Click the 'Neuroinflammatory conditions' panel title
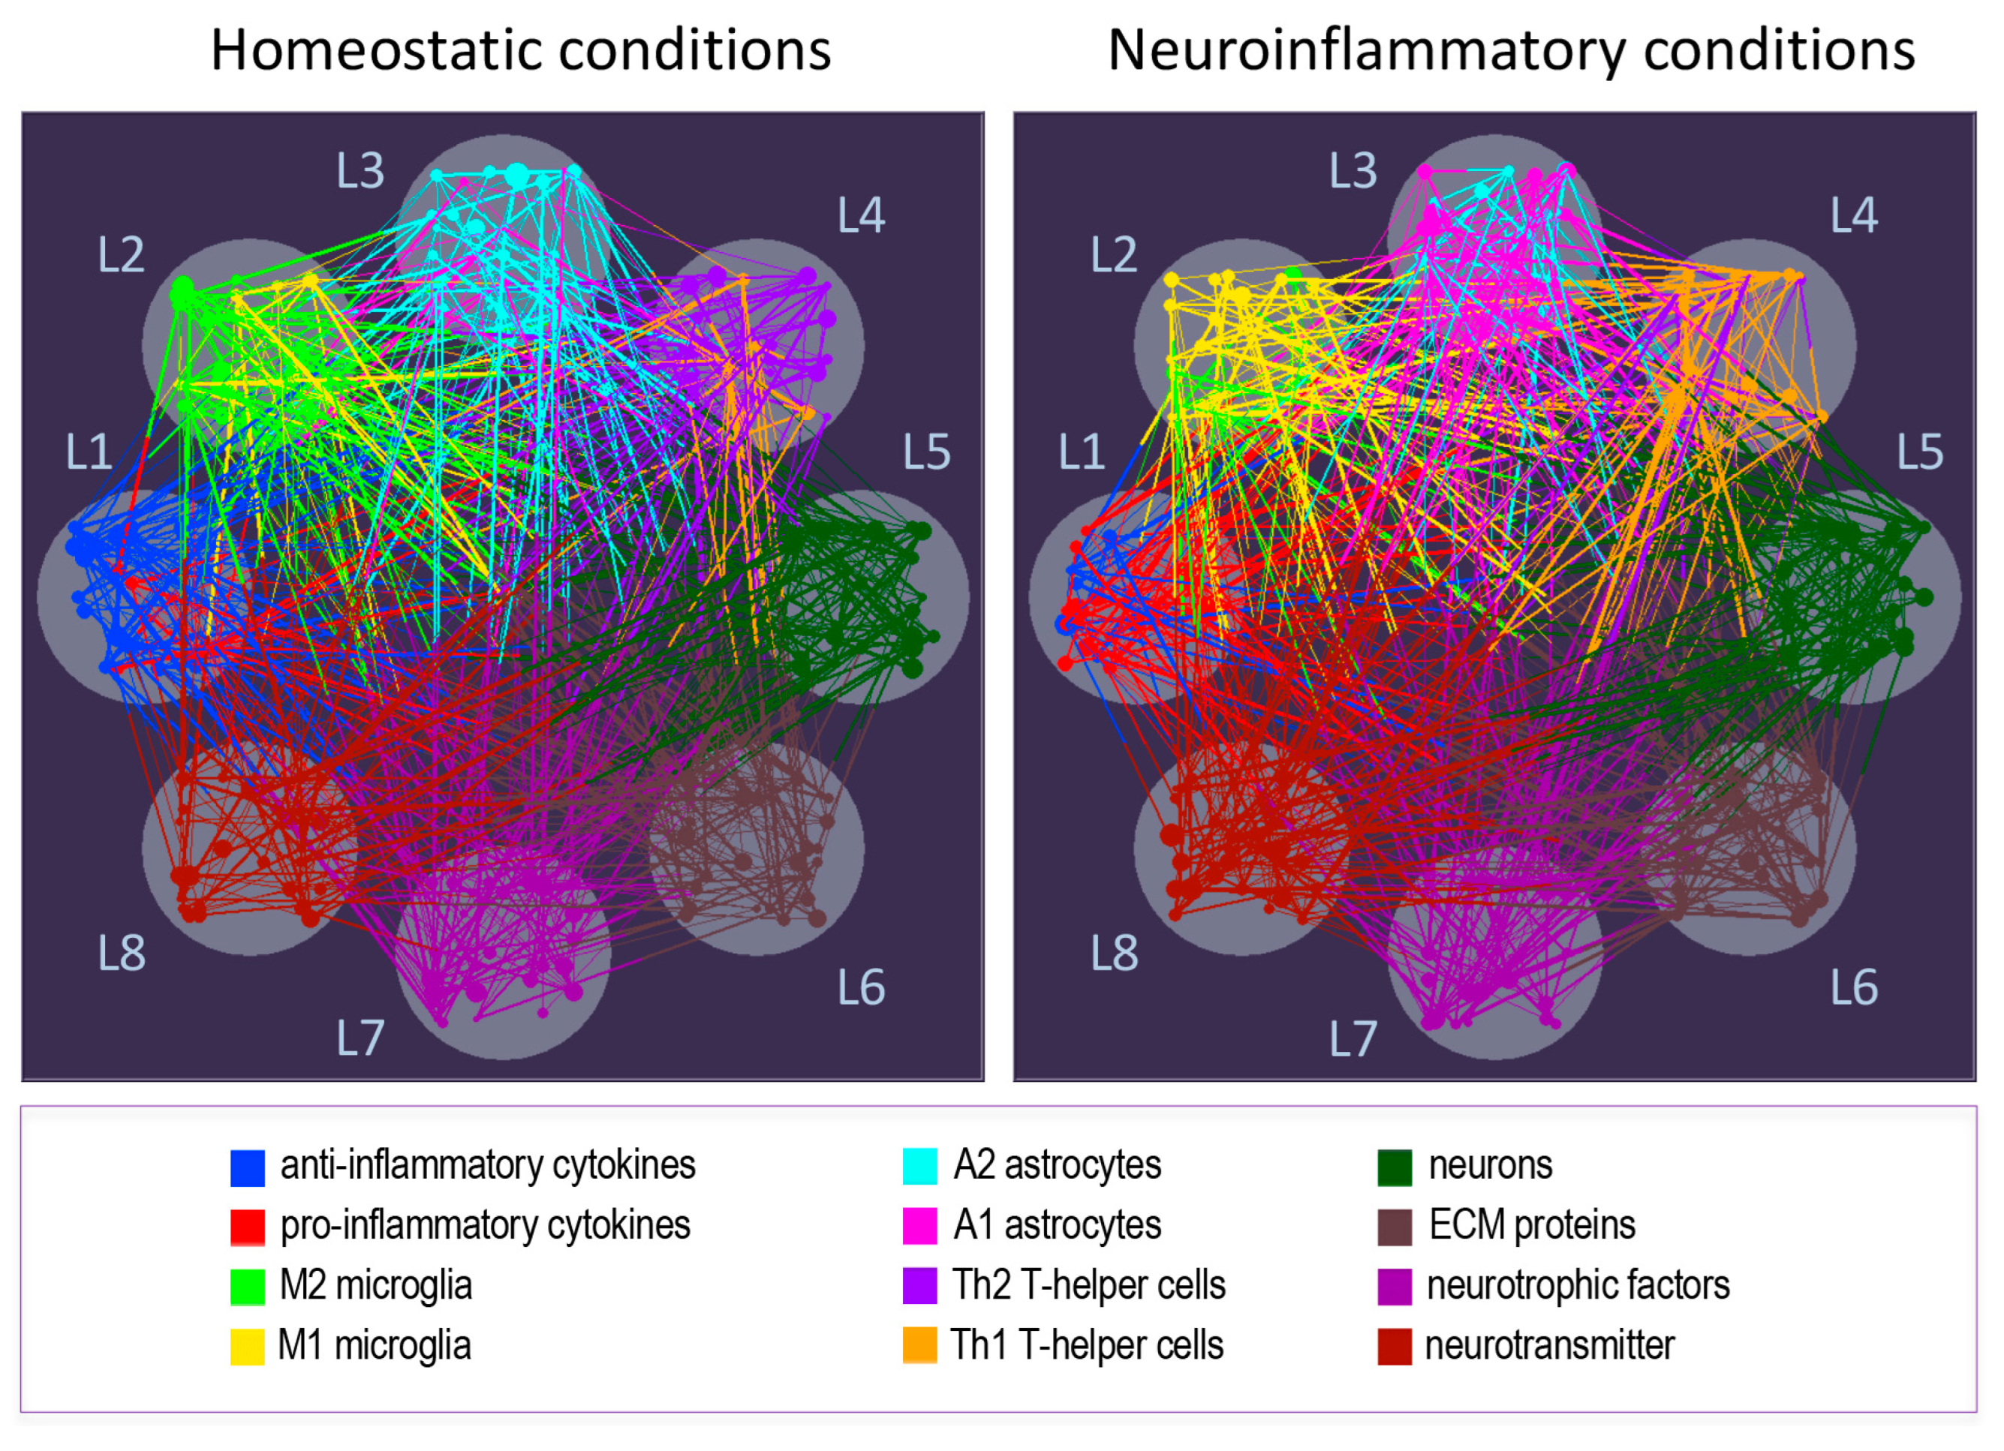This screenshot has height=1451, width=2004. (1511, 50)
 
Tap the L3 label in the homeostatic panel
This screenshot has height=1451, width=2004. (360, 170)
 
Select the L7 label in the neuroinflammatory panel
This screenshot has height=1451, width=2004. (1353, 1038)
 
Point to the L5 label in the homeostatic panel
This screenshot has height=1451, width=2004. (926, 453)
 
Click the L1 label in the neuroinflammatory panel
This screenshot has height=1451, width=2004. (1082, 453)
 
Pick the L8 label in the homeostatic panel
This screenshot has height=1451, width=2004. (121, 954)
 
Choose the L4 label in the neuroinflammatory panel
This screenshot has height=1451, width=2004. (1854, 215)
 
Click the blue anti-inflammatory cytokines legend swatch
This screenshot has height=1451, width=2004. (248, 1167)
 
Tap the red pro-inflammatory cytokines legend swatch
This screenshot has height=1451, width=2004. (248, 1227)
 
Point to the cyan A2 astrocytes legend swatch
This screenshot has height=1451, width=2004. (920, 1167)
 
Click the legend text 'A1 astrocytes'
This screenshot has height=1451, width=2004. (1057, 1226)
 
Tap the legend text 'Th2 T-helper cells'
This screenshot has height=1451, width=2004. (1088, 1286)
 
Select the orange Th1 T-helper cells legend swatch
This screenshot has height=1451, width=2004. (920, 1347)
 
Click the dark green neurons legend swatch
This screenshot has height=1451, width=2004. (1395, 1167)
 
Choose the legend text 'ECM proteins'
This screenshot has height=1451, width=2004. (1532, 1226)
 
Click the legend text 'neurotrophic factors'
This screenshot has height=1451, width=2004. (1578, 1286)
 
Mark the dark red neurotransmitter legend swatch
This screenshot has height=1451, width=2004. (1395, 1347)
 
